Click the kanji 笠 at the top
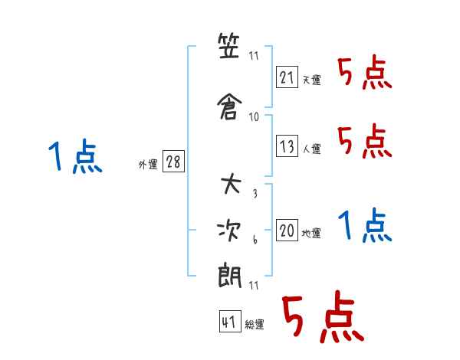pos(228,46)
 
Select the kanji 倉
pos(229,106)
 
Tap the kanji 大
pos(231,184)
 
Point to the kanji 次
pos(229,231)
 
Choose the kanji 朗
pos(229,276)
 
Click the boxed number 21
pos(287,77)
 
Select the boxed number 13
pos(287,146)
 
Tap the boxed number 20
pos(287,230)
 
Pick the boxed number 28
pos(173,161)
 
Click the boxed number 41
pos(230,321)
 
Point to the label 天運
pos(312,80)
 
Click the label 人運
pos(312,149)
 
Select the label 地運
pos(311,233)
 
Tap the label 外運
pos(148,164)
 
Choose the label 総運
pos(255,325)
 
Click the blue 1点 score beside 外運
pos(75,155)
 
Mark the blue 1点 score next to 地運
pos(365,225)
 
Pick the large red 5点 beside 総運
pos(324,316)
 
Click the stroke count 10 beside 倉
pos(254,117)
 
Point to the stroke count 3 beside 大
pos(255,193)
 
